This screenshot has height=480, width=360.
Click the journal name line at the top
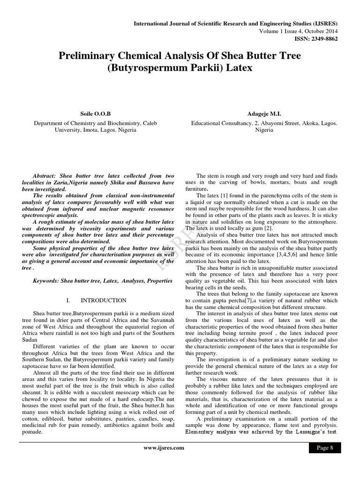pyautogui.click(x=235, y=23)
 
